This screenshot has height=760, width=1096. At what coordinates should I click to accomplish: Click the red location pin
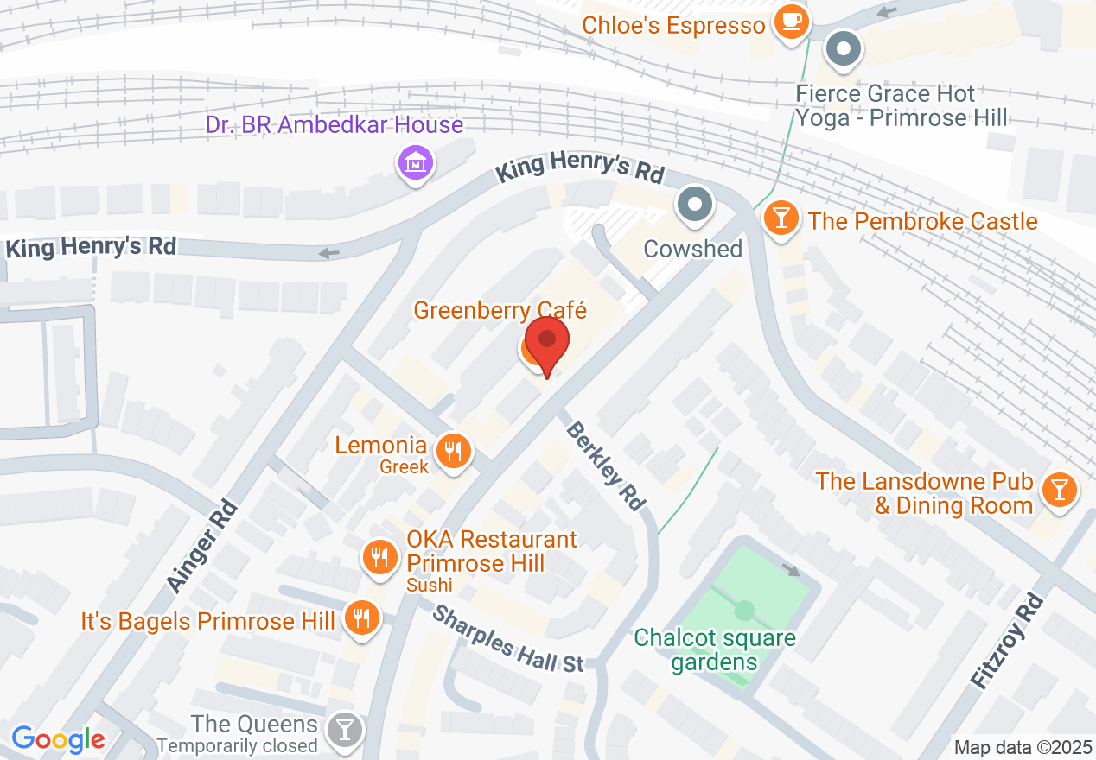(x=547, y=340)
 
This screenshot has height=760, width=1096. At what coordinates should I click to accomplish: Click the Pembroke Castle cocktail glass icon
(x=781, y=218)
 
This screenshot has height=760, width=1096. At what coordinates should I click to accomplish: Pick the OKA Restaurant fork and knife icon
(x=379, y=556)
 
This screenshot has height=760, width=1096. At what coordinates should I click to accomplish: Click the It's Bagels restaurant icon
(x=360, y=618)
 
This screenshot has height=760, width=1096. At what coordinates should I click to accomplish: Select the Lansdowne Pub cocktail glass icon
(x=1058, y=491)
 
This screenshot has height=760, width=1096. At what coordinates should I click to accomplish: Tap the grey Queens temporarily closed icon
(x=345, y=731)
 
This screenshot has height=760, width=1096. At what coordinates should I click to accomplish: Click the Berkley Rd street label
(x=607, y=465)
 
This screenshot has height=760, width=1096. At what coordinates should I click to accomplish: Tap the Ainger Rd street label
(x=201, y=547)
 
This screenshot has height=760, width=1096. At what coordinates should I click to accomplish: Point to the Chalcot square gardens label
(x=714, y=650)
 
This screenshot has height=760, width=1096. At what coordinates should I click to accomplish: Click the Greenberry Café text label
(x=500, y=310)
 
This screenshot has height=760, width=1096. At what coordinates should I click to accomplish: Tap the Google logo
(x=58, y=739)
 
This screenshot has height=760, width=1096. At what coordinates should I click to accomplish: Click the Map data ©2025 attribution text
(x=1021, y=747)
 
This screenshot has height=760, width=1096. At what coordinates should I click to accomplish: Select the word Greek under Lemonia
(x=405, y=467)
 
